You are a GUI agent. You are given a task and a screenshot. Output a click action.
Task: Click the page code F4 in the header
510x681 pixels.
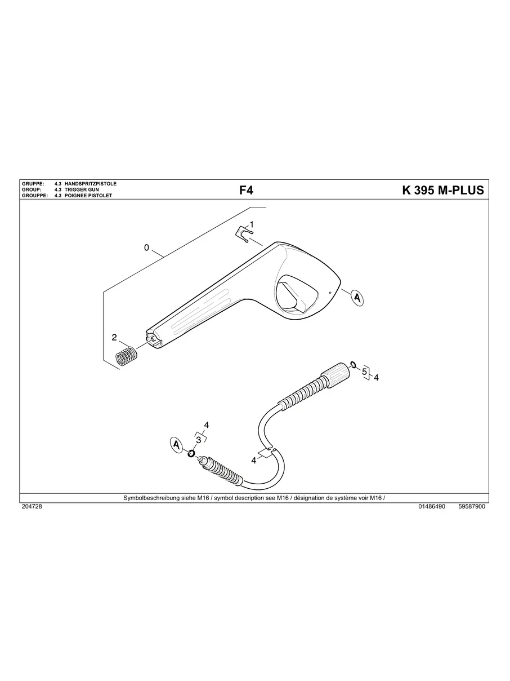coord(246,190)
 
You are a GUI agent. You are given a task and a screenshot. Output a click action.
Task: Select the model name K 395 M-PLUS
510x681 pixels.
coord(442,190)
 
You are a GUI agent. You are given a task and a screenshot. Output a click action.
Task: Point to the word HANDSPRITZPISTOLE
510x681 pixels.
coord(91,184)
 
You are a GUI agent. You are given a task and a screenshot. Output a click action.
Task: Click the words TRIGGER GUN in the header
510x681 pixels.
coord(82,190)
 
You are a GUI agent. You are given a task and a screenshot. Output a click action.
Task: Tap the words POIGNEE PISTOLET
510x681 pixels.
coord(88,196)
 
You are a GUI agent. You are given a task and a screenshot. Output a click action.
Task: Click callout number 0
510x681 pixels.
coord(146,247)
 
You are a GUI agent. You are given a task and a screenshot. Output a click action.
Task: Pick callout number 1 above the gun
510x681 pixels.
coord(252,224)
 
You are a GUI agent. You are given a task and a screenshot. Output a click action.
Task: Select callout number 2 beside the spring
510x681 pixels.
coord(114,338)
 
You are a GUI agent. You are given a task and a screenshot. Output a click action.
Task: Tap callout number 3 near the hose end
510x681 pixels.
coord(198,440)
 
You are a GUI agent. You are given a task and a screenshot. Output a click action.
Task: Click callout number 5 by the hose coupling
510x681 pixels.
coord(364,372)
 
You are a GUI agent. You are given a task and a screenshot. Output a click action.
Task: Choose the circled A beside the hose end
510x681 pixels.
coord(177,445)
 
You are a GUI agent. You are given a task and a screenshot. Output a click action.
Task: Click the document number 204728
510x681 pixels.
coord(32,507)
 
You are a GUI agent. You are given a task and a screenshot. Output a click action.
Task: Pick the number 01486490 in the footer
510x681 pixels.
coord(432,507)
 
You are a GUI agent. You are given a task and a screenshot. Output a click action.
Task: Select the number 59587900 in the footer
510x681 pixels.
coord(472,507)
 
